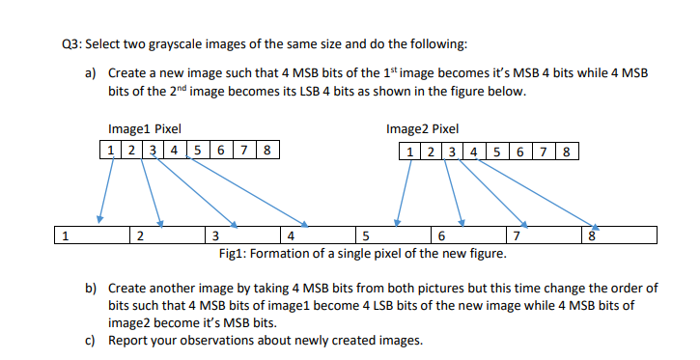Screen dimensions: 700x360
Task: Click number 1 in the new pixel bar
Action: click(x=64, y=235)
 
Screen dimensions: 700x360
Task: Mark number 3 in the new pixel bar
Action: click(x=215, y=235)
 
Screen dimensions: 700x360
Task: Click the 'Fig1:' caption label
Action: click(x=236, y=253)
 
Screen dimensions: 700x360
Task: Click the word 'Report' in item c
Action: click(x=128, y=340)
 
